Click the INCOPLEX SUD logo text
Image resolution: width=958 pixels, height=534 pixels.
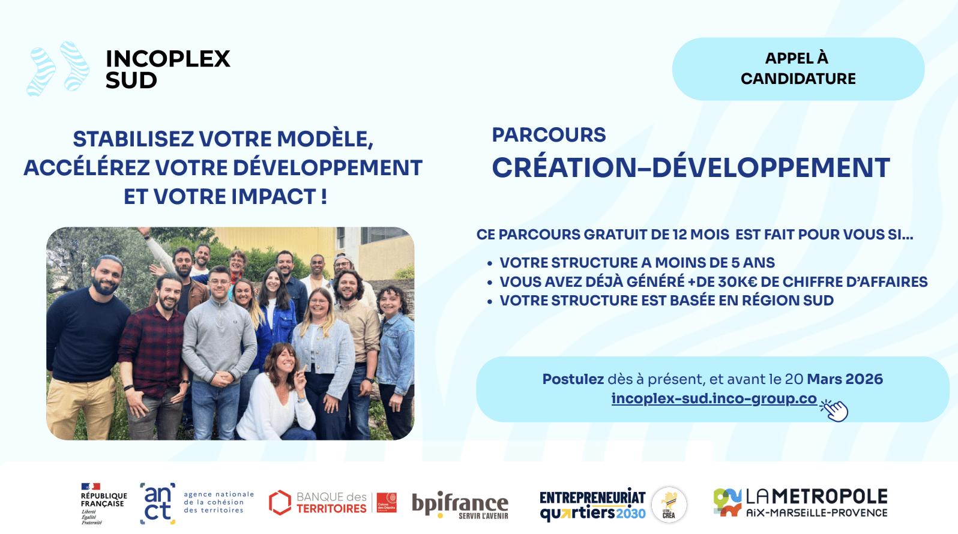[167, 69]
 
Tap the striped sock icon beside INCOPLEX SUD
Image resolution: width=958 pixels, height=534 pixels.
[58, 67]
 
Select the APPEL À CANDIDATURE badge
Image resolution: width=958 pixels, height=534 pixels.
[798, 68]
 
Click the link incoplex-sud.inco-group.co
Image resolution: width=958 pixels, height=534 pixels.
[714, 398]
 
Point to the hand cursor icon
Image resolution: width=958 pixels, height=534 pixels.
[834, 410]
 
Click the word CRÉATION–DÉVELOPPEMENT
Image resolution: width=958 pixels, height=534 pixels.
[690, 168]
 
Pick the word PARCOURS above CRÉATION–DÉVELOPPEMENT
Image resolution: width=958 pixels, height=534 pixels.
[549, 135]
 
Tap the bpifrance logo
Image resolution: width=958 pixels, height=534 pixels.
[460, 505]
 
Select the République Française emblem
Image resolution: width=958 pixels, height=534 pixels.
[103, 503]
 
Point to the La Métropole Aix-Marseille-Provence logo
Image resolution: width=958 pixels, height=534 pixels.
[800, 503]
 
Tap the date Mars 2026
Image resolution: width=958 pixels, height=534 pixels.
[845, 379]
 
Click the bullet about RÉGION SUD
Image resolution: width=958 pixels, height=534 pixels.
[666, 301]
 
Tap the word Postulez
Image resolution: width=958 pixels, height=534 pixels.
[573, 379]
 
